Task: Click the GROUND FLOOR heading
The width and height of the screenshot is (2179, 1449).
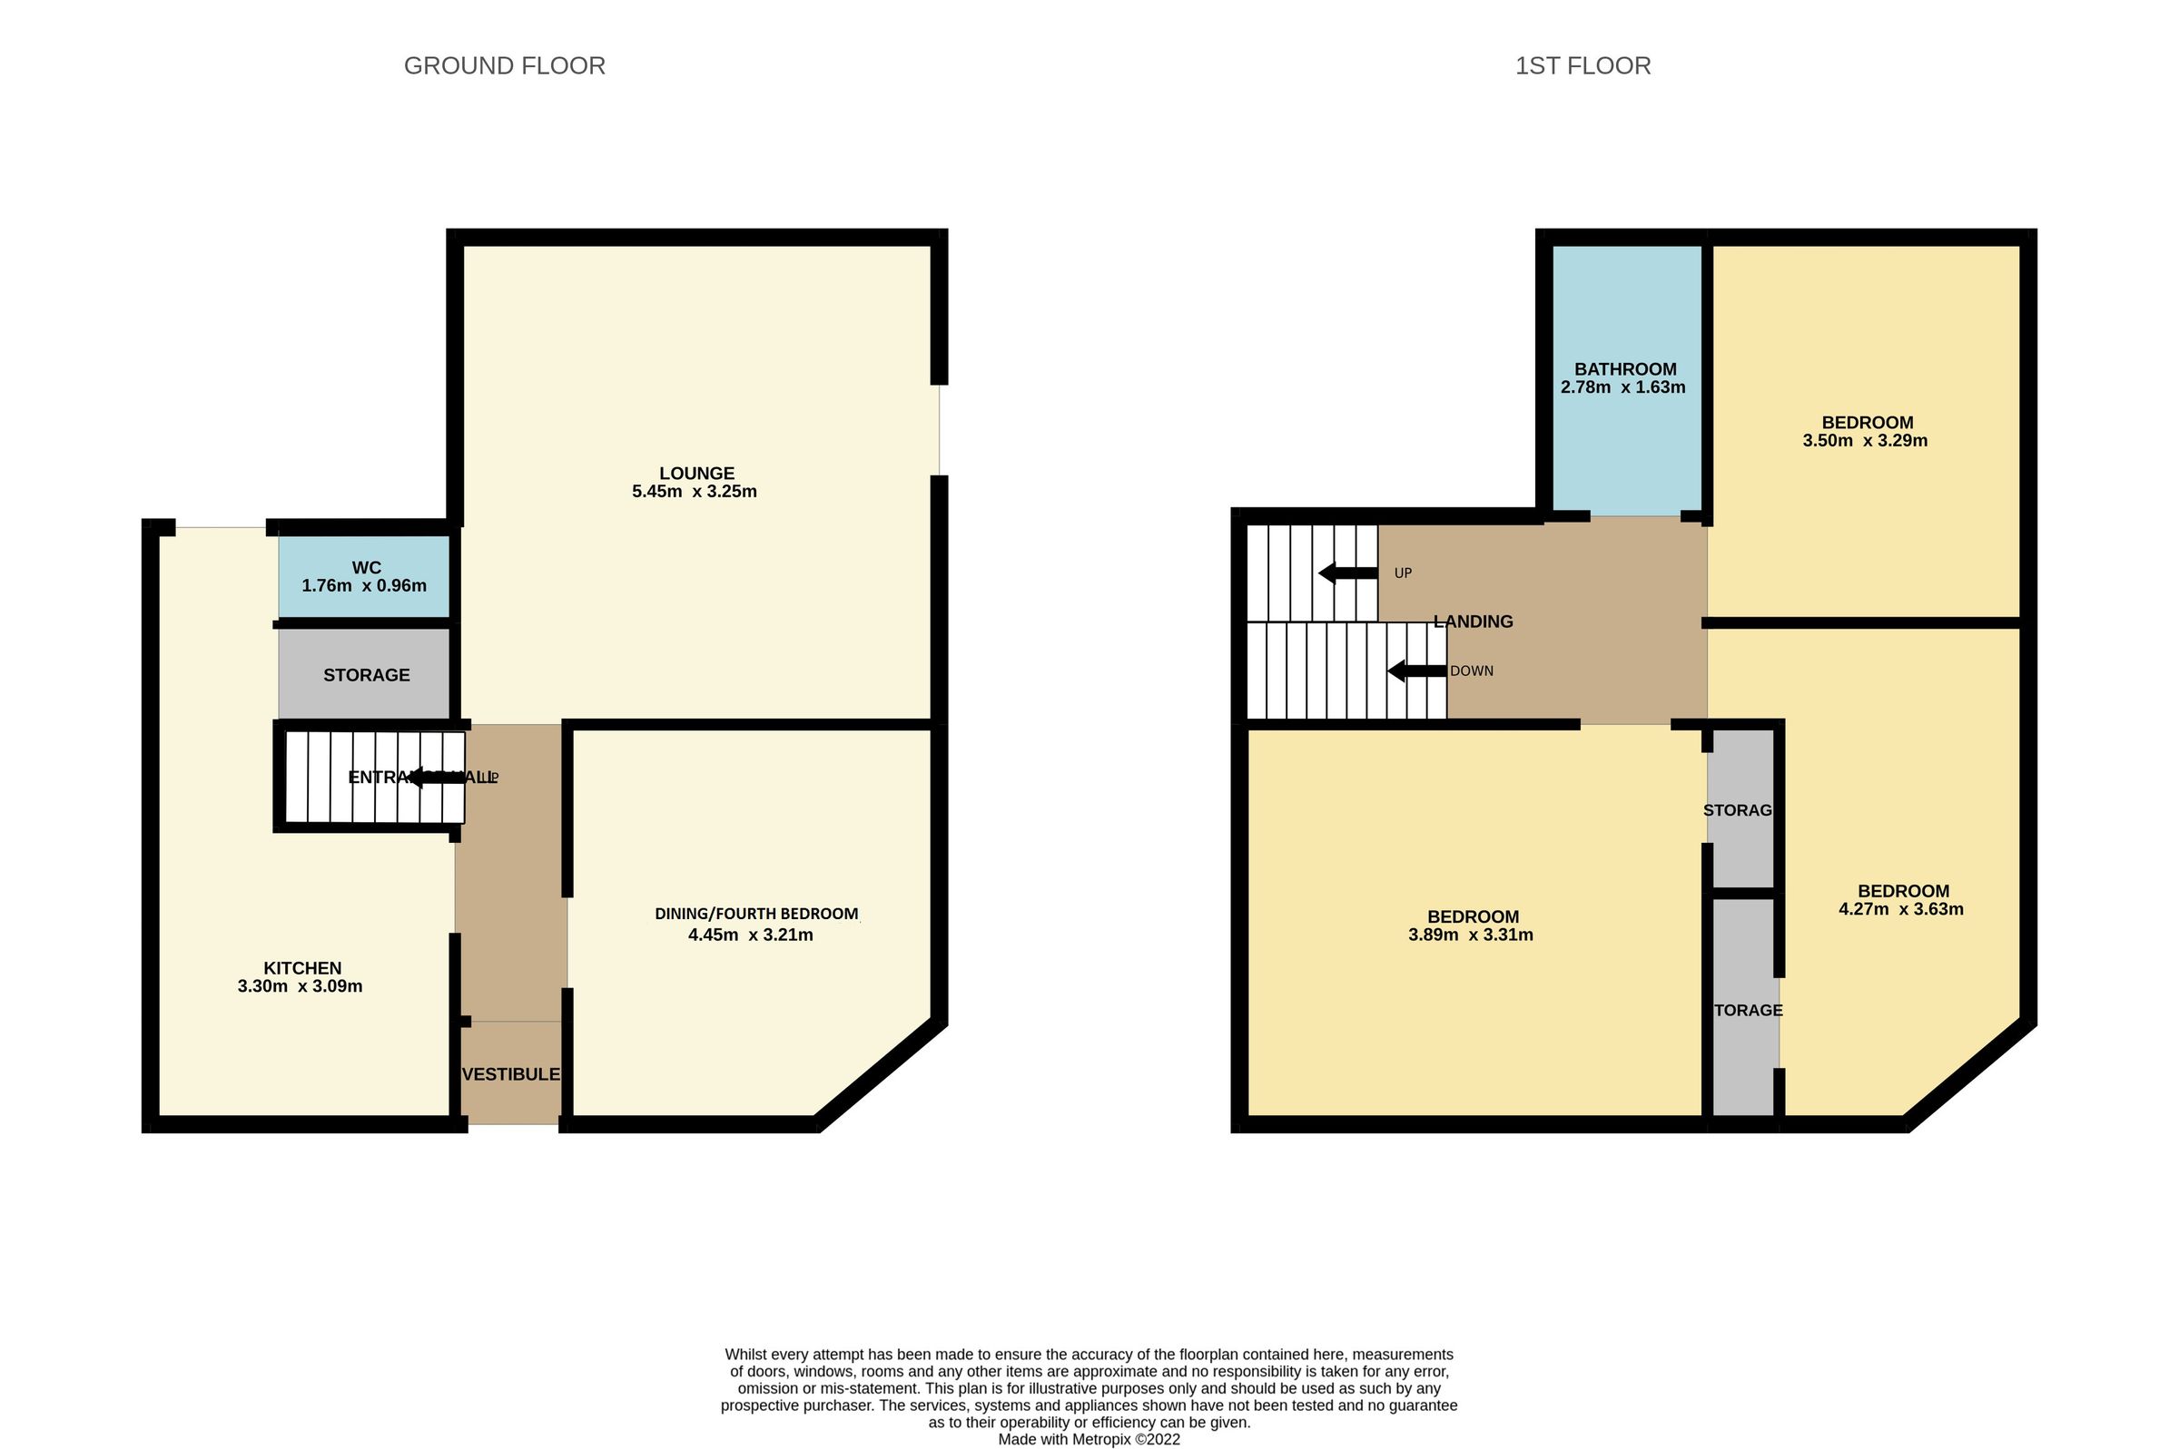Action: pos(504,66)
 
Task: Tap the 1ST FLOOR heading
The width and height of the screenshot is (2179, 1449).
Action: pos(1582,66)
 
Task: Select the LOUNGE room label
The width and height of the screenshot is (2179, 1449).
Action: pos(696,473)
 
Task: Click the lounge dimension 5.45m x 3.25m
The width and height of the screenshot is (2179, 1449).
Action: pos(695,492)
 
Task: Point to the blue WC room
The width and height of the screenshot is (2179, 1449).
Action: pos(364,577)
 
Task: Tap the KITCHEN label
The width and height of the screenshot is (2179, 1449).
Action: pos(302,967)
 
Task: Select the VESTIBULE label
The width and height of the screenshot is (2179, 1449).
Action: pos(510,1073)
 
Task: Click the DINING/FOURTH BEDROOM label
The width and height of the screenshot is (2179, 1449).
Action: pos(756,914)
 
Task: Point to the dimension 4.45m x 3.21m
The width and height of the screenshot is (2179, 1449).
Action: pos(750,935)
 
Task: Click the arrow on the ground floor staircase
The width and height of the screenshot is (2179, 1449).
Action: pos(436,778)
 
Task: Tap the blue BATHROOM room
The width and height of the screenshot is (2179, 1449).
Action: pos(1625,379)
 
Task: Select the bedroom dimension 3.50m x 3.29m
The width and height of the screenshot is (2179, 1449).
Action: pos(1864,441)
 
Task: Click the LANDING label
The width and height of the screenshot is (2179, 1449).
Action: pos(1473,622)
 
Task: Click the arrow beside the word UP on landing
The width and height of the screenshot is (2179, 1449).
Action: pos(1347,573)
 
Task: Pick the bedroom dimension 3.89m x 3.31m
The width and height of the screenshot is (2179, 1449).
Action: pos(1470,935)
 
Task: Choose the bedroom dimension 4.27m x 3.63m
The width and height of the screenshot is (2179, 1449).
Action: pos(1901,908)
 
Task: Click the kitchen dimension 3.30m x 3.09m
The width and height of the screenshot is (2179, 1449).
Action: pos(300,986)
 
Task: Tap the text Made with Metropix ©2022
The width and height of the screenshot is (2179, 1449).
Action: pos(1088,1439)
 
